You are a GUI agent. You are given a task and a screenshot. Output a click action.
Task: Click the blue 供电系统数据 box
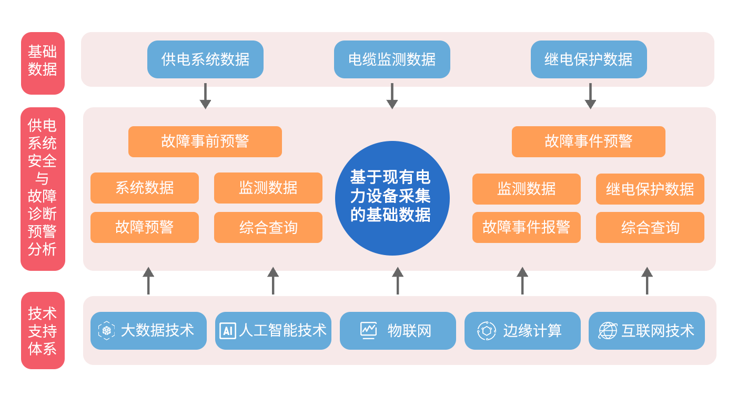click(205, 59)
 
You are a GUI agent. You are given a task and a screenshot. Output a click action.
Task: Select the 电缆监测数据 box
click(392, 59)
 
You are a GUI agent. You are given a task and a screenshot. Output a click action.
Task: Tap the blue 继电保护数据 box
click(589, 59)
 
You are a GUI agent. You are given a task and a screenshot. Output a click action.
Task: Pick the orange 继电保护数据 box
click(650, 189)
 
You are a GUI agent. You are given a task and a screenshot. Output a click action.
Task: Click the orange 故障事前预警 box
click(205, 141)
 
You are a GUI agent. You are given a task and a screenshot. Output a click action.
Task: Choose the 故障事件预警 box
click(589, 141)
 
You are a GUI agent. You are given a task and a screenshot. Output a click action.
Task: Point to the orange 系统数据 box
click(144, 188)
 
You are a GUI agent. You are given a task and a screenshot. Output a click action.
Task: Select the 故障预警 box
click(144, 227)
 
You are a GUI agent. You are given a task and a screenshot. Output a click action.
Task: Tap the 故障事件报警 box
click(526, 227)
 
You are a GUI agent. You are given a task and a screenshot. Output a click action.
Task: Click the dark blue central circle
click(392, 198)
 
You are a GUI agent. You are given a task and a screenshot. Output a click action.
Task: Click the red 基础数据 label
click(43, 63)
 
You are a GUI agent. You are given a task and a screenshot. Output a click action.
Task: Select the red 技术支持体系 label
click(43, 330)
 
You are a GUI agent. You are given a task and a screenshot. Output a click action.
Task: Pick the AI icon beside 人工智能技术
click(228, 331)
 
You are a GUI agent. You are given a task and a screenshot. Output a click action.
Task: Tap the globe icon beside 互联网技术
click(608, 331)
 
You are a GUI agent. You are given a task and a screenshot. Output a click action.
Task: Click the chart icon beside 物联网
click(368, 331)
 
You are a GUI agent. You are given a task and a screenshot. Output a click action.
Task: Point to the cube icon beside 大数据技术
click(106, 330)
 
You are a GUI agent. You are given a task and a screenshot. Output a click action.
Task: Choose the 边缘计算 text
click(532, 331)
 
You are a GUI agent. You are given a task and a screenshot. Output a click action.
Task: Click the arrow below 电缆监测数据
click(392, 96)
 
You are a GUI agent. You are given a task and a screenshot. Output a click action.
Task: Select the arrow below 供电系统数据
click(205, 96)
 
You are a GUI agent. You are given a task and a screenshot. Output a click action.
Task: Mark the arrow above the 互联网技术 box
click(647, 281)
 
